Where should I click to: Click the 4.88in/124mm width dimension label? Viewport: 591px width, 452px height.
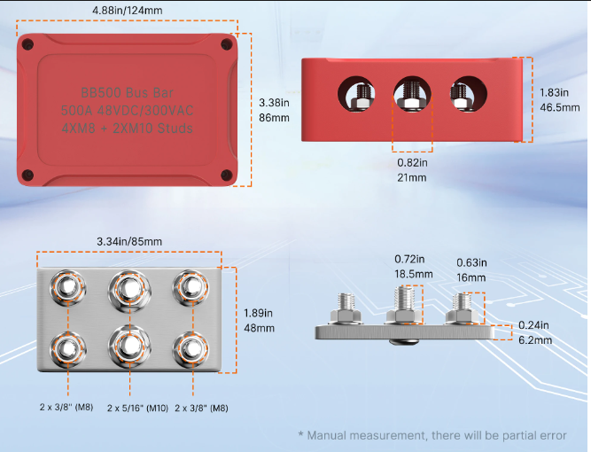134,11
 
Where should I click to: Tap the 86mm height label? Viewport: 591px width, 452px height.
270,117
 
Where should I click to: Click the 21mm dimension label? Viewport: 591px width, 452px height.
412,177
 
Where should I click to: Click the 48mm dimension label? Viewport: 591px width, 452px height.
259,328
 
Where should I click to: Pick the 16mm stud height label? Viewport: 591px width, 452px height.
470,277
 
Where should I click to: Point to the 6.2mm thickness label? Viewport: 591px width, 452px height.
535,339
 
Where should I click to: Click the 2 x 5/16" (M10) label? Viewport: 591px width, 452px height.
130,408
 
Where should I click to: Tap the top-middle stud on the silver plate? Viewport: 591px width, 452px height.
128,288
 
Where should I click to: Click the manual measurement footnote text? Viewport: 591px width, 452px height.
432,435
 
